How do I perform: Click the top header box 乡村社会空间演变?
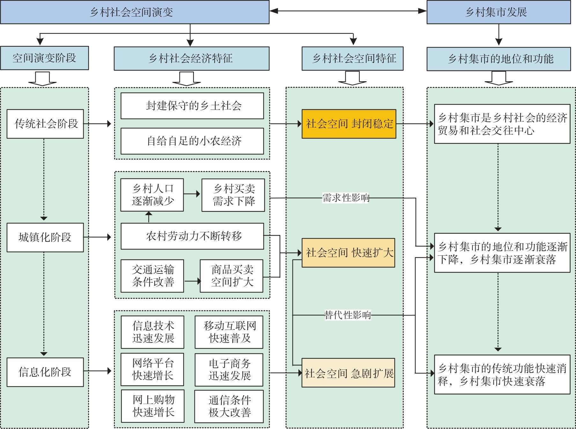point(135,12)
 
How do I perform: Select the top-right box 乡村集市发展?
point(498,12)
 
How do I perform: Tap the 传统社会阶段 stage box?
point(45,124)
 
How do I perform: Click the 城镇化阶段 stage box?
point(45,237)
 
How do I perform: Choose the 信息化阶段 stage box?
point(45,372)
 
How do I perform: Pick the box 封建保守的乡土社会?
point(192,106)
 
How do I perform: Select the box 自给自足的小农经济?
point(192,141)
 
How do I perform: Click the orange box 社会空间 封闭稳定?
point(349,124)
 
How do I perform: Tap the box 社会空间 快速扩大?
point(348,253)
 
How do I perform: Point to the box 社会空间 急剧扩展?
point(348,373)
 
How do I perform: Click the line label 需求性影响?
point(346,198)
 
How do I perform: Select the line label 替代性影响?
point(347,315)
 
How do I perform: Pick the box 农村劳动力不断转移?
point(192,236)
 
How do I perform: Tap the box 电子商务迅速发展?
point(229,370)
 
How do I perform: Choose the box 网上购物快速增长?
point(153,406)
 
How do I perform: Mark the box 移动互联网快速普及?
point(229,332)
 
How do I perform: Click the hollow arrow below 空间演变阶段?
point(42,79)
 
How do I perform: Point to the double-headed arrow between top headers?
point(348,11)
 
